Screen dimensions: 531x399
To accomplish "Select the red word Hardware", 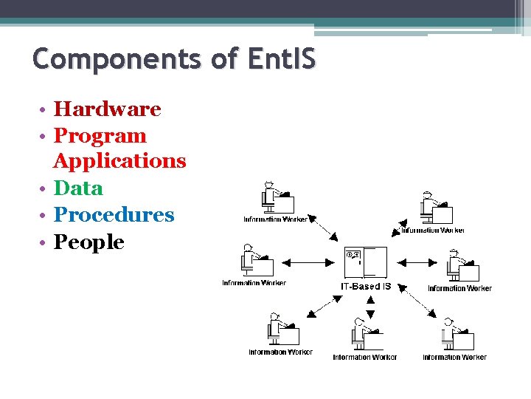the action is coord(108,109).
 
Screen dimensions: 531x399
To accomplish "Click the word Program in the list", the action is coord(100,136).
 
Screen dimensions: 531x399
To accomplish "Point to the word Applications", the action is coord(119,161).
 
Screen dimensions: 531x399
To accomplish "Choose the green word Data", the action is coord(78,188).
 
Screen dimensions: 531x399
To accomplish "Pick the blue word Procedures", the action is coord(114,215).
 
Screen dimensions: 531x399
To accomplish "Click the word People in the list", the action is coord(89,242).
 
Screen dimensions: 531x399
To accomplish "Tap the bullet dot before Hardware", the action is coord(45,111).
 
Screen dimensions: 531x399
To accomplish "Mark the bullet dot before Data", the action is coord(45,190).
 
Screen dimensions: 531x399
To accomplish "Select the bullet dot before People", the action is coord(45,243).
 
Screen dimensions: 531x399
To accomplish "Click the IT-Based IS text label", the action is coord(366,286).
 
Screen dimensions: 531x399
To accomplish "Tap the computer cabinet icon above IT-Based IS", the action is coord(365,262).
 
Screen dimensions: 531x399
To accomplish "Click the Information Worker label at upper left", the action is coord(276,219).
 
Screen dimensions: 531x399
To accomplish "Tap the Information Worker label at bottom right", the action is coord(454,358).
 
